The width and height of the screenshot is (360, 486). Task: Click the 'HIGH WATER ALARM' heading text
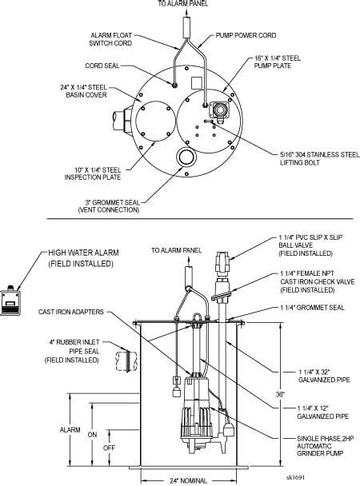tap(83, 253)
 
